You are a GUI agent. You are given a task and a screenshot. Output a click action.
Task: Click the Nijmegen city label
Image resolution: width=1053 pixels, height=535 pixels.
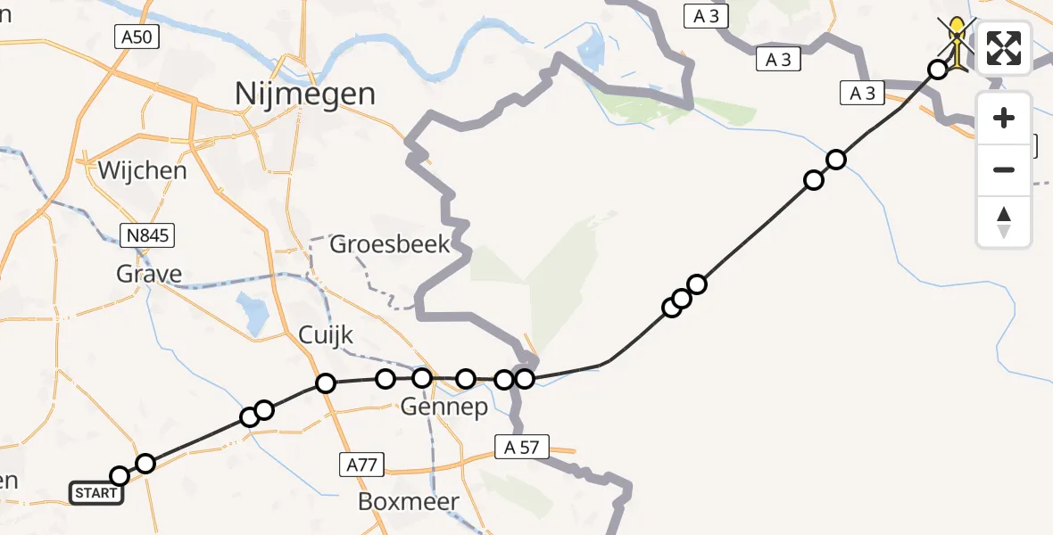304,93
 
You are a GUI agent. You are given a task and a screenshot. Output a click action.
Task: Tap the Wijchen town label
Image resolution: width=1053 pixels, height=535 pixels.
143,170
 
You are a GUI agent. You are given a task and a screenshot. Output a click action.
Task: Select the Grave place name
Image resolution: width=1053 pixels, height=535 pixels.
149,274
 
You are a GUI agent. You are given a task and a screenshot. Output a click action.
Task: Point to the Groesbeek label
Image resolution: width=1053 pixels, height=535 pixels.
390,244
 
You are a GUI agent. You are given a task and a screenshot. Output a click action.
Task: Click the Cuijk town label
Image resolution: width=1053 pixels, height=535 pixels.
326,335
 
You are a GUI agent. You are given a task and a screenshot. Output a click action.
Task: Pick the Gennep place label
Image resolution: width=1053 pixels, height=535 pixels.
444,407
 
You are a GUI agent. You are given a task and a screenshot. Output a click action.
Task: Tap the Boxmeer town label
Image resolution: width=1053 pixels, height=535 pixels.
408,501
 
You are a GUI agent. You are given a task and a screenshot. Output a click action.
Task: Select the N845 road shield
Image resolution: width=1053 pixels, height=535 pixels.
147,235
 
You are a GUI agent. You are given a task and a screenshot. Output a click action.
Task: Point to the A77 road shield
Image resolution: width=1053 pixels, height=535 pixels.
361,464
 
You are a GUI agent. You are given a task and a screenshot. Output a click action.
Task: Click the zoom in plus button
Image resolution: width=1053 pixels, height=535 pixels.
1004,119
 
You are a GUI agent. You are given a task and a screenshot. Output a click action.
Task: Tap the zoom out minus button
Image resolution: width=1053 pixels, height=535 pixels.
1004,169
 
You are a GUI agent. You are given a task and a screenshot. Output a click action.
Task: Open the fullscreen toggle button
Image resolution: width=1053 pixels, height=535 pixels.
1004,48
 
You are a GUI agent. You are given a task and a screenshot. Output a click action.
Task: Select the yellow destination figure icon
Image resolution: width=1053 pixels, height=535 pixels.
958,41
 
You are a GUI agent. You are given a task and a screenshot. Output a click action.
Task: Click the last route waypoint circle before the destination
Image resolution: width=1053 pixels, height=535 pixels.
937,70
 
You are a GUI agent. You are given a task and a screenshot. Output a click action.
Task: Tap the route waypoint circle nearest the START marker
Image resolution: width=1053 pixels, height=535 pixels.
119,476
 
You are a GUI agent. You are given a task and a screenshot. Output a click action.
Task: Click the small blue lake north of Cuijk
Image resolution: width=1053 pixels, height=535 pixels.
252,314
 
